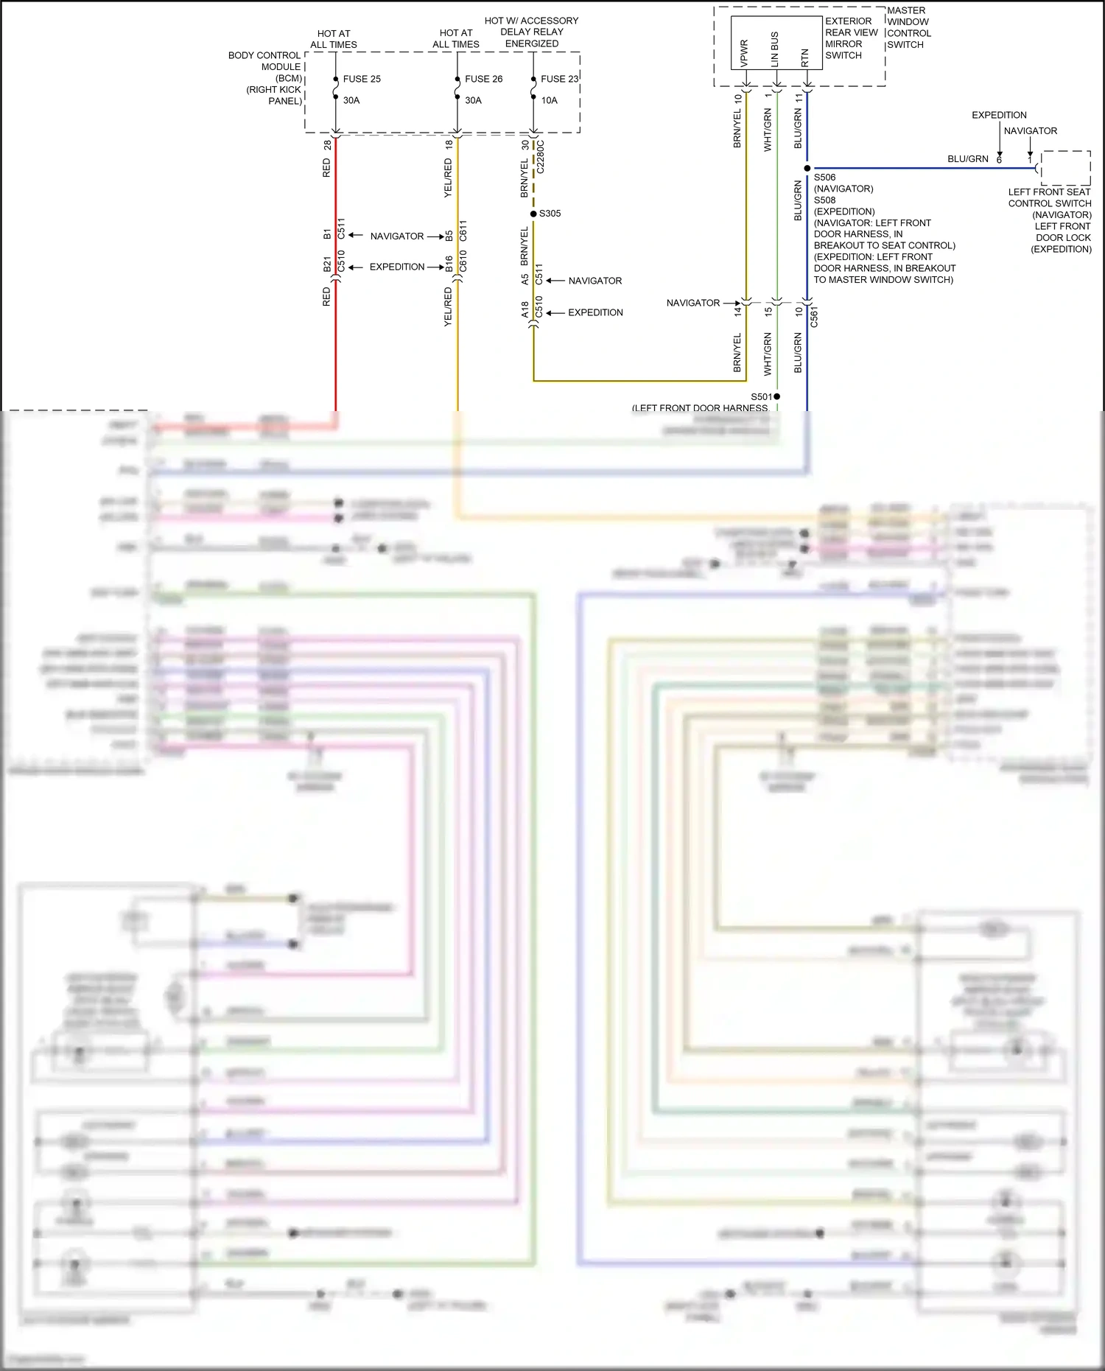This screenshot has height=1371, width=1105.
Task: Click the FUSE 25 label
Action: coord(362,79)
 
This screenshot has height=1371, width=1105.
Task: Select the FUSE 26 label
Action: coord(483,79)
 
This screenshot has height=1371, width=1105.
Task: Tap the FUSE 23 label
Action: coord(559,79)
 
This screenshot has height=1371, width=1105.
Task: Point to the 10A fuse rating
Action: coord(550,100)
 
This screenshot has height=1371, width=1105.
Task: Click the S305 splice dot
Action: coord(533,214)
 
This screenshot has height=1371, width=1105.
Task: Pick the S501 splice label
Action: coord(761,396)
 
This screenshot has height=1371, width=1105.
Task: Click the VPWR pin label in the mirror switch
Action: coord(744,53)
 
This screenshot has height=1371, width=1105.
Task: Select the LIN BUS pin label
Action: coord(775,49)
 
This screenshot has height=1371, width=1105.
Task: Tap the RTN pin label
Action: coord(805,57)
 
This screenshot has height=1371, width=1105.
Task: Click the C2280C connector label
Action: coord(540,157)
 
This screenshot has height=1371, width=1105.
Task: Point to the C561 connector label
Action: coord(814,317)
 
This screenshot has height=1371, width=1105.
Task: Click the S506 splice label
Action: coord(824,178)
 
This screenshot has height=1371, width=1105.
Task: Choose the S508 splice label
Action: coord(824,200)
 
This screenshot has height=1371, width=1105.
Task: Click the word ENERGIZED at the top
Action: coord(531,43)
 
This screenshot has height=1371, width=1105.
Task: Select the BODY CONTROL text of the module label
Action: coord(264,55)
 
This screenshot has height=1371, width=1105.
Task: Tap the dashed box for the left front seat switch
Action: coord(1065,168)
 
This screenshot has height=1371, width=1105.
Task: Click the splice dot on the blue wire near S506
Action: coord(807,169)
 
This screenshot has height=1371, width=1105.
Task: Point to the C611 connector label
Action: coord(463,230)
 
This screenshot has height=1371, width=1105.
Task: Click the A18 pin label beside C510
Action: coord(525,309)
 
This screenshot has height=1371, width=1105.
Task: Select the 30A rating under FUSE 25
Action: coord(351,100)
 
